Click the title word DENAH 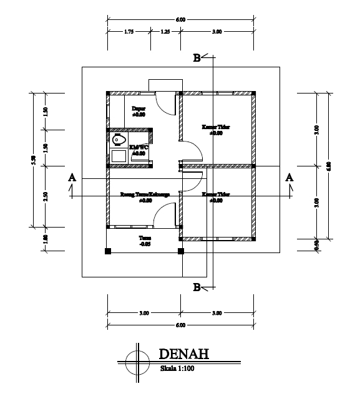tap(183, 354)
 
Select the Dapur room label tap(139, 108)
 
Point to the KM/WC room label tap(137, 147)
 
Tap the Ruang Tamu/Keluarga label tap(145, 195)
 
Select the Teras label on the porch tap(145, 238)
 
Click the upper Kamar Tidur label tap(216, 127)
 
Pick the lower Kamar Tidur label tap(216, 195)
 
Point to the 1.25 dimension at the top tap(166, 31)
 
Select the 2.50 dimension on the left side tap(46, 196)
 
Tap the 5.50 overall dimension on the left tap(33, 160)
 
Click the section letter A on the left tap(72, 178)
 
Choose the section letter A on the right tap(289, 177)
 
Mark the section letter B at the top tap(197, 58)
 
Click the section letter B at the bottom tap(197, 287)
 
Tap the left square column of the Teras tap(108, 252)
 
